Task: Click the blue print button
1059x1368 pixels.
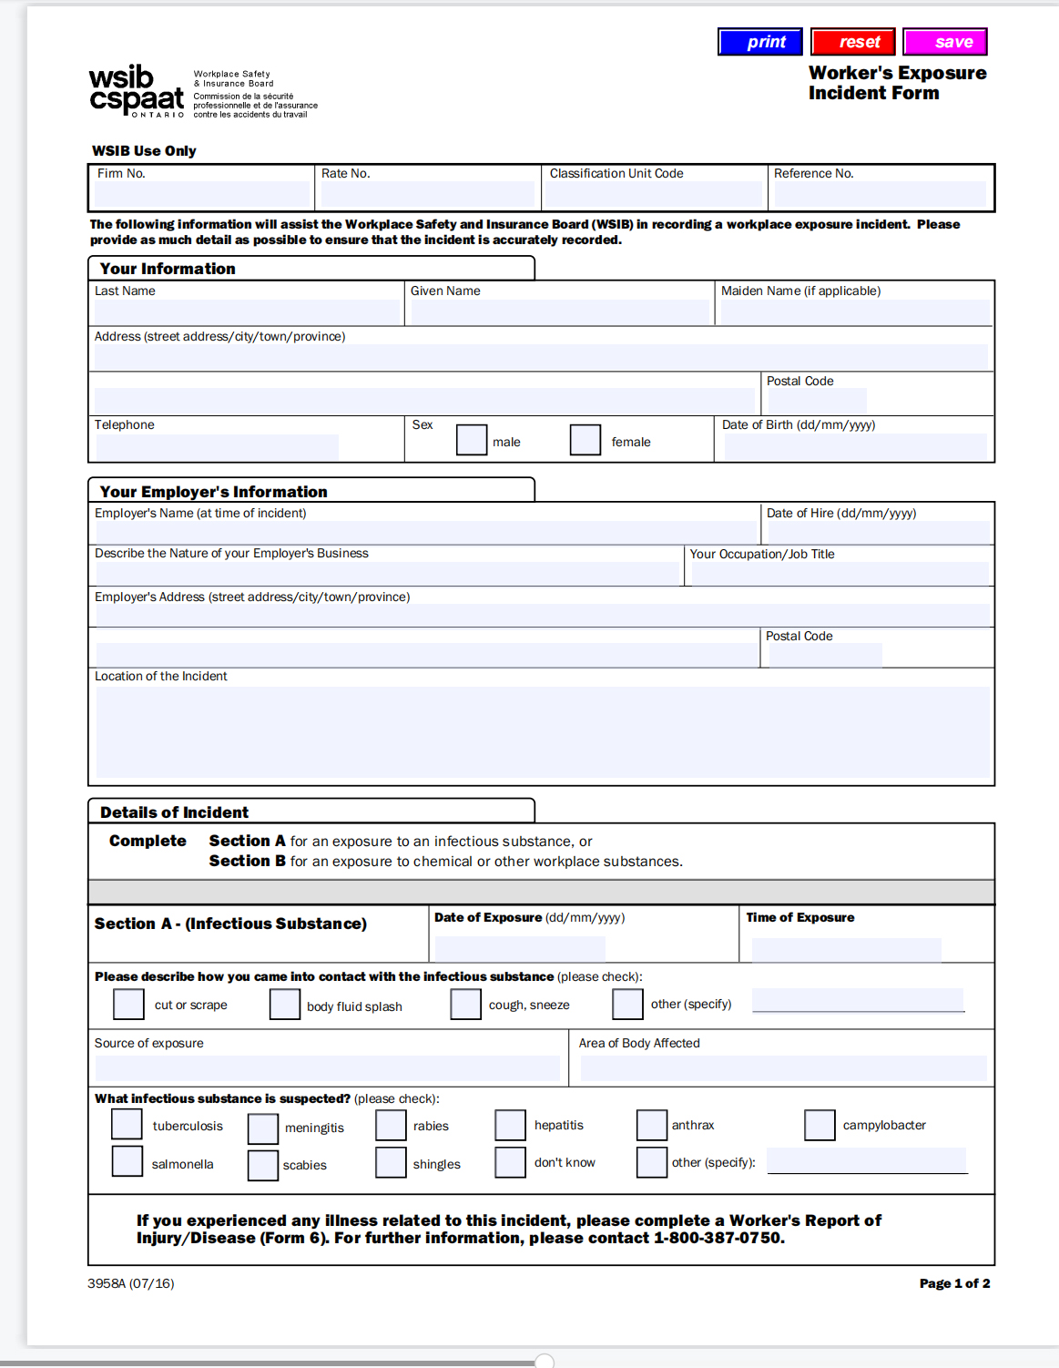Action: [x=759, y=42]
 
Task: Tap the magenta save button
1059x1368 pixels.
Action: [x=945, y=42]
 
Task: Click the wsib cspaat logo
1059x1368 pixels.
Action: [x=137, y=91]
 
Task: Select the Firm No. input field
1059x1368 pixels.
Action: [x=202, y=193]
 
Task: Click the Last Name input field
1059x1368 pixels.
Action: [x=247, y=311]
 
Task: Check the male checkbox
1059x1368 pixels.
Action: [x=472, y=440]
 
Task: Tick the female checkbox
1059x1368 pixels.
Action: [x=586, y=440]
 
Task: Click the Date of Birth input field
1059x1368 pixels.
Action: [x=854, y=446]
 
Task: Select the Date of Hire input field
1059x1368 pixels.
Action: [x=878, y=532]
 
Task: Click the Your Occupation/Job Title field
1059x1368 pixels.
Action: [x=839, y=574]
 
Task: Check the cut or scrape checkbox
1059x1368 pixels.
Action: [x=128, y=1005]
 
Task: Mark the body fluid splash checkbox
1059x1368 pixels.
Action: [x=285, y=1005]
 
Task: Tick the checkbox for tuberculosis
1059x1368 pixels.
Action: [x=127, y=1124]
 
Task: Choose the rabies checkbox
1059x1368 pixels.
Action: [x=391, y=1125]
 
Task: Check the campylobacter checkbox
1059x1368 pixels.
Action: [x=820, y=1125]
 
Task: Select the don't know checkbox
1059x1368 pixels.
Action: [x=510, y=1162]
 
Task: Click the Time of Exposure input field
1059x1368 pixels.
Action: [x=846, y=949]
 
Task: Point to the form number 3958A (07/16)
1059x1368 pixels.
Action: [x=131, y=1283]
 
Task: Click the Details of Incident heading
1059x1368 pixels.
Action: [x=174, y=812]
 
